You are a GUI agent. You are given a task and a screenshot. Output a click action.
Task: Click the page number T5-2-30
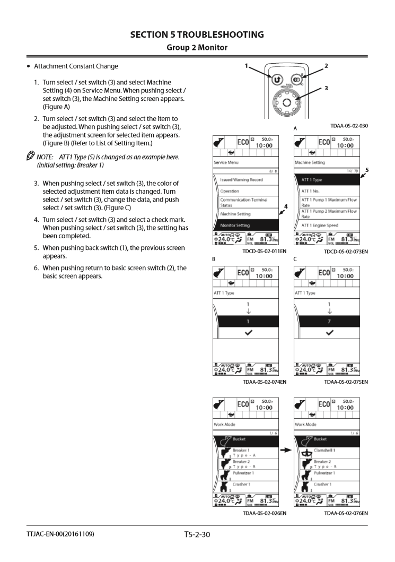tap(197, 546)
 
